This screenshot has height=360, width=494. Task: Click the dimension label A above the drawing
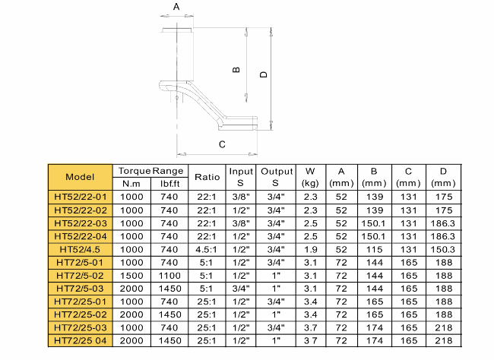pos(176,7)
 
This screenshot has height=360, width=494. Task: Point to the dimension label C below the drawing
pos(222,144)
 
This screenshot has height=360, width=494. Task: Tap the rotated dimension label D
pos(264,74)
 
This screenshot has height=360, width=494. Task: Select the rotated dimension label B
pos(236,70)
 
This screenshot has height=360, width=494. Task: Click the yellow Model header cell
pos(81,177)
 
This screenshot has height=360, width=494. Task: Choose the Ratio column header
pos(207,177)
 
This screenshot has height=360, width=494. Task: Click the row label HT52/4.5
pos(80,250)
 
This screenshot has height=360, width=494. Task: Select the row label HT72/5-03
pos(80,289)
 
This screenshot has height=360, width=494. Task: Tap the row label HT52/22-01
pos(81,197)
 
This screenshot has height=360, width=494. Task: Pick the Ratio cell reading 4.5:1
pos(207,250)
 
